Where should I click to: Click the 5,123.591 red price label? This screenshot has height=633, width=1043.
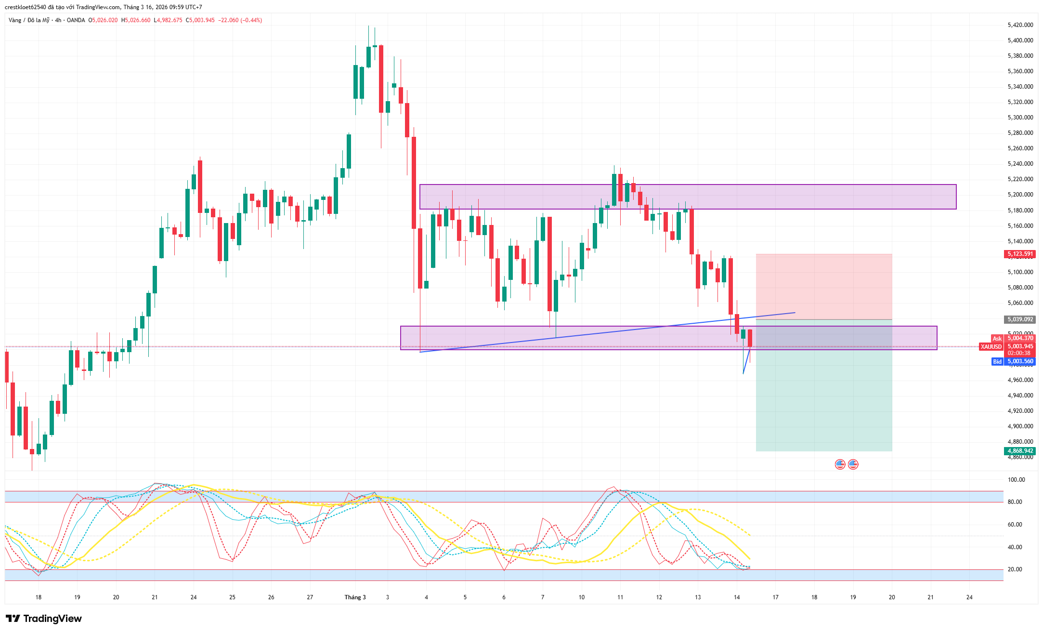(x=1020, y=254)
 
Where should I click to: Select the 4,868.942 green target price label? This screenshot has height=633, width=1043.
(x=1020, y=451)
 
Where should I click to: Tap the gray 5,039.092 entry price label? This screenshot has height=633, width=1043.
(x=1020, y=319)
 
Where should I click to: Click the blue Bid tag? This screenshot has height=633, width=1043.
(x=997, y=361)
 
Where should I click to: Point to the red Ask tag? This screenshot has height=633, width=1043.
(x=997, y=339)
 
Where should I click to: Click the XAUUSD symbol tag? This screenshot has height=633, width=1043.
(x=991, y=346)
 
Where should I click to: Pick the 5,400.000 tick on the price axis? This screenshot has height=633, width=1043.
(x=1020, y=40)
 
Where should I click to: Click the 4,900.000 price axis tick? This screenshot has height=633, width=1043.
(x=1020, y=426)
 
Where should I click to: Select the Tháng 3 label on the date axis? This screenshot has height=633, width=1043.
(x=355, y=597)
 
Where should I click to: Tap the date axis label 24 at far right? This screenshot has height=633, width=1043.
(x=969, y=597)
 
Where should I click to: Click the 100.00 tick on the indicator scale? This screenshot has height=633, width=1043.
(x=1016, y=480)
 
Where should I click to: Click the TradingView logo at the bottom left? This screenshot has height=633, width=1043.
(x=44, y=619)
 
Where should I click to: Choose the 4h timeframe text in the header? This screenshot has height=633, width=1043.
(x=58, y=20)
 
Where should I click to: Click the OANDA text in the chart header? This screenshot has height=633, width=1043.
(x=76, y=20)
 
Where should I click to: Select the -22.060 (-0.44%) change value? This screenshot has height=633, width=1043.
(x=240, y=20)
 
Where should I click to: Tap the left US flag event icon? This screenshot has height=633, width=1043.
(x=840, y=464)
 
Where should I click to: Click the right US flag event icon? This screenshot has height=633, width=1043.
(x=853, y=464)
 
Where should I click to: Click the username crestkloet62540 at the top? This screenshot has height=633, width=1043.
(x=26, y=7)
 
